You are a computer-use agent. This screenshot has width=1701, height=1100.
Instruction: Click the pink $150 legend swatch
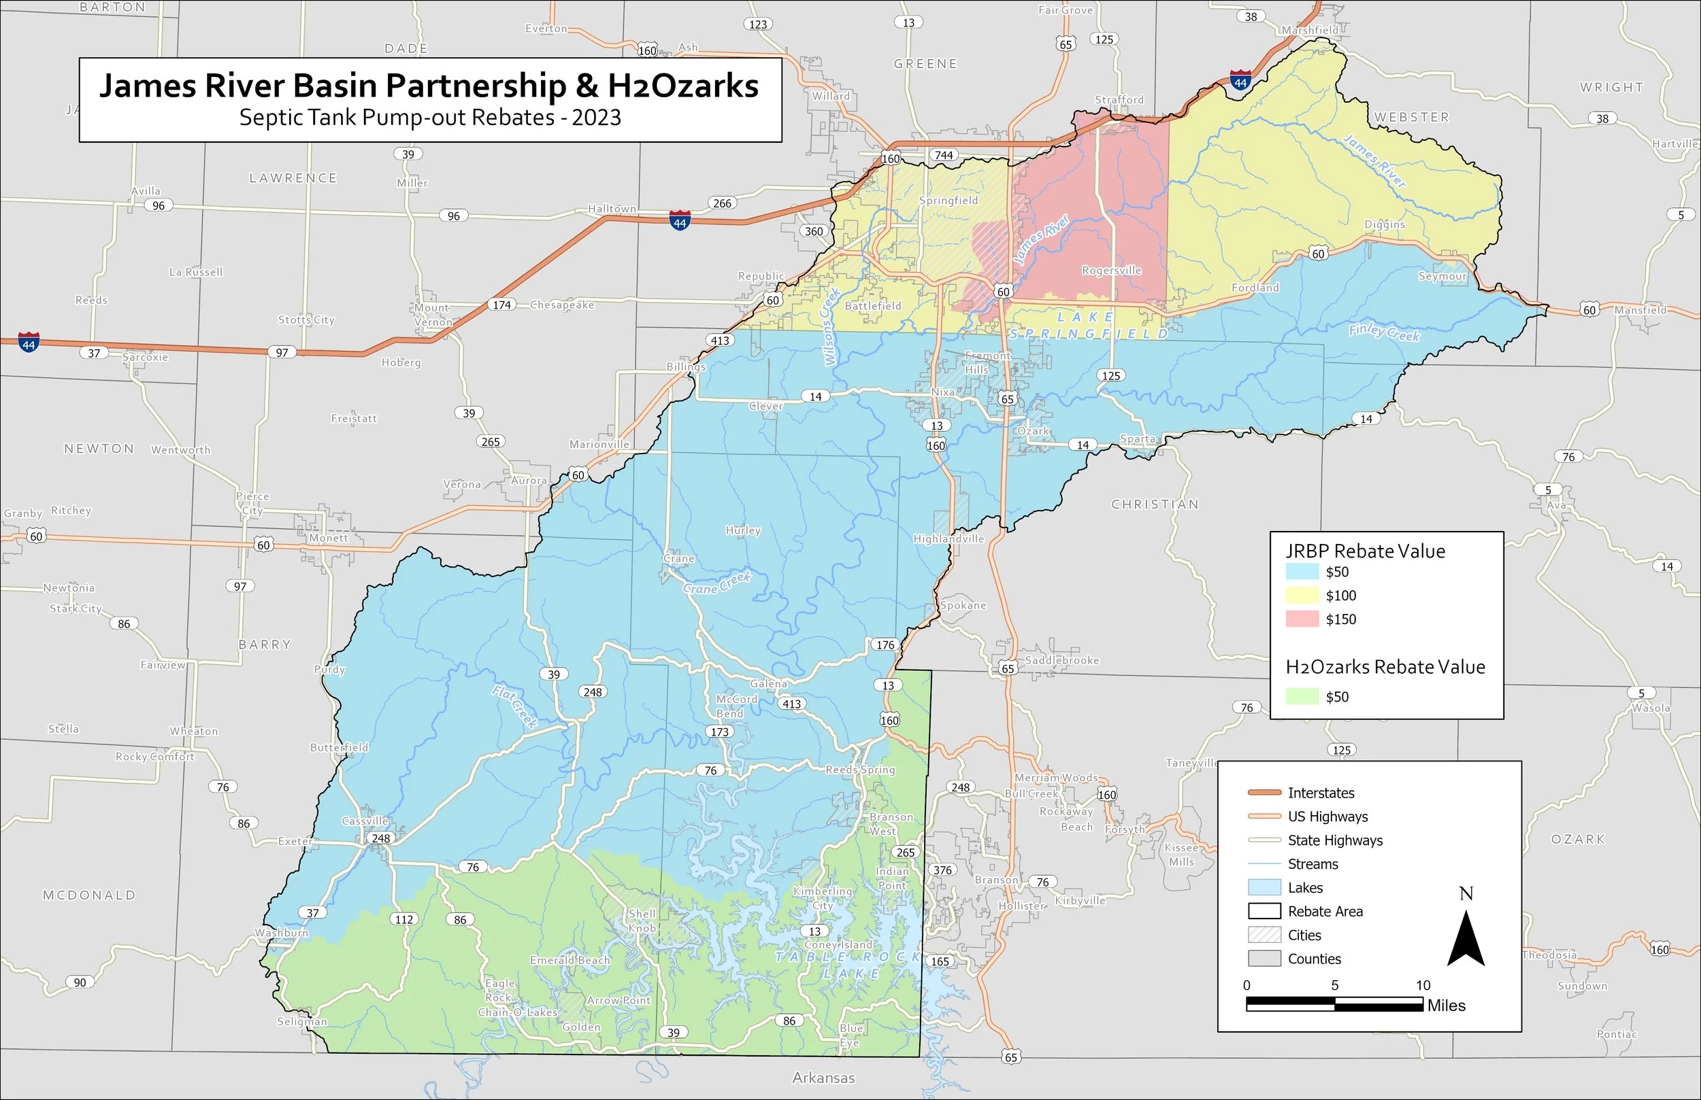[1302, 619]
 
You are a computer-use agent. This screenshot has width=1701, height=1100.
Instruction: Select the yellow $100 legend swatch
[1302, 596]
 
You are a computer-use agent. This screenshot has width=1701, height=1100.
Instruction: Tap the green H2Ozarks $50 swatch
[1302, 696]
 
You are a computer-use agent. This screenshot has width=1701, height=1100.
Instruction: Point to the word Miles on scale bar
[1446, 1006]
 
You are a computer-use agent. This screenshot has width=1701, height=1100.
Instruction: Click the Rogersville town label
[1111, 271]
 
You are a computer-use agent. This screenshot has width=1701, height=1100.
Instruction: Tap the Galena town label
[768, 683]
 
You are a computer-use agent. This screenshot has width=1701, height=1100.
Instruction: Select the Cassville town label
[365, 821]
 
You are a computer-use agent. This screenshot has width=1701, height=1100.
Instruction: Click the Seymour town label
[1442, 277]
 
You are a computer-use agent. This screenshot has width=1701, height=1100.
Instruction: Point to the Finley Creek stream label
[1384, 332]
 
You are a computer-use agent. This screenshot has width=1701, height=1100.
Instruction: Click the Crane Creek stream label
[717, 583]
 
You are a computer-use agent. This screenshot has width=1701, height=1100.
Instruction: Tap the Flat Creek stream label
[514, 706]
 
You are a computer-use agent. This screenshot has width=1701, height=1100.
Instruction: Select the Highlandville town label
[948, 539]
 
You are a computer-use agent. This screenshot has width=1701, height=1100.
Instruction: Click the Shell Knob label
[642, 921]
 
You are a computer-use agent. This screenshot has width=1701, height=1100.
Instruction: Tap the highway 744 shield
[944, 155]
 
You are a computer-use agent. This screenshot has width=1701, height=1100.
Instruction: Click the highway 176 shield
[885, 645]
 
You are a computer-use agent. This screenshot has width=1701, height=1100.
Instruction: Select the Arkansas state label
[823, 1078]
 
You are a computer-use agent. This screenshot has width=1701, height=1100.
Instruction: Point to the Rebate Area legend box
[1264, 912]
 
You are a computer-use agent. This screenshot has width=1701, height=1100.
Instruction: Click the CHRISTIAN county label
[1154, 504]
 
